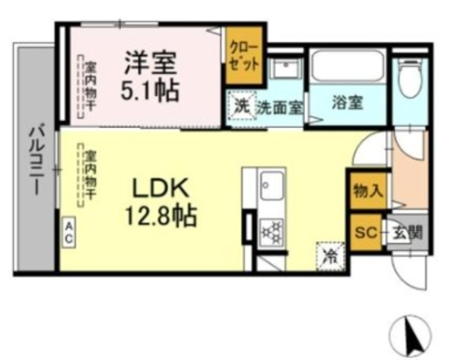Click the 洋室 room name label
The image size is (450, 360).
pos(149,61)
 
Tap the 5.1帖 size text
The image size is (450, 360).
pos(150,91)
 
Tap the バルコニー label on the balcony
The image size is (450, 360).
pos(34,157)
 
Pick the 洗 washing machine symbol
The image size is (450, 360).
pos(242,107)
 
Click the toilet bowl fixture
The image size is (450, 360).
pos(408,79)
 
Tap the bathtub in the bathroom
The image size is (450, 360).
pos(347,67)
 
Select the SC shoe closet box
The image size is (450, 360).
pos(366,231)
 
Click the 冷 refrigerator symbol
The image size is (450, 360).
pos(330,254)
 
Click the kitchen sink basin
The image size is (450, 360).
pos(271,188)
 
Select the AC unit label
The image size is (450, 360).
pos(68,231)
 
